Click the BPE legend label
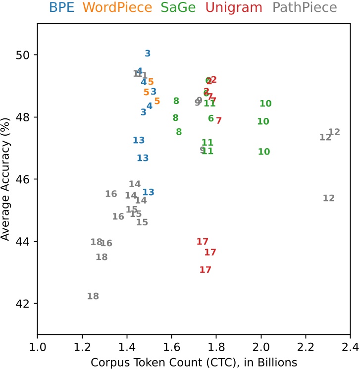point(60,7)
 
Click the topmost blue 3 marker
point(148,53)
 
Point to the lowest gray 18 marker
point(93,296)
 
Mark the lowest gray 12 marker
point(329,198)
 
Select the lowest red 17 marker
point(206,270)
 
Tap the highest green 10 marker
point(265,104)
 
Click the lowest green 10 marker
point(264,152)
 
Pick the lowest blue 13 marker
point(148,192)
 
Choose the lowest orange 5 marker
point(157,101)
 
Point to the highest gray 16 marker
point(111,194)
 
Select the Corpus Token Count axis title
point(194,362)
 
